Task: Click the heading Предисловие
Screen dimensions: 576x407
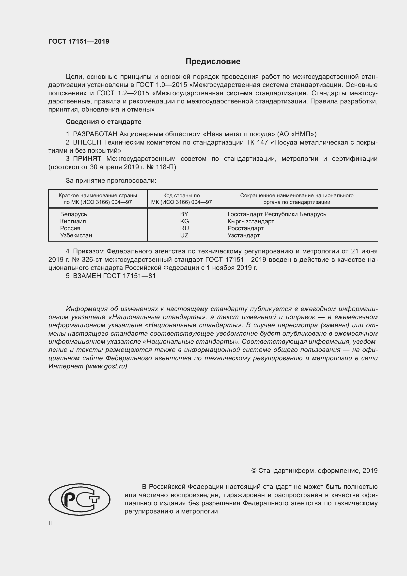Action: [213, 62]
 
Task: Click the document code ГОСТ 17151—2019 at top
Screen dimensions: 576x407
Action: [79, 41]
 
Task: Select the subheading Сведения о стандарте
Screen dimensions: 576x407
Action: [104, 122]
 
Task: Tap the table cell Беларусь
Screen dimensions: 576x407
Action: [73, 214]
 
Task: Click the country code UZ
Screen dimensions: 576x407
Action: [184, 235]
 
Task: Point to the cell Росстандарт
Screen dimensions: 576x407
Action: [245, 228]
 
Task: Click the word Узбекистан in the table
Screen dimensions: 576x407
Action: [76, 235]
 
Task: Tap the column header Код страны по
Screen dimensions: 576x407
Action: [181, 196]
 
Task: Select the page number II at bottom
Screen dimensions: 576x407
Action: [50, 523]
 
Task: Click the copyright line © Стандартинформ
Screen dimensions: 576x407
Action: [314, 471]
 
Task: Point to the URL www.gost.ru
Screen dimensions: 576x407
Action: [106, 366]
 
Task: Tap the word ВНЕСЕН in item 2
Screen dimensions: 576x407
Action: [87, 142]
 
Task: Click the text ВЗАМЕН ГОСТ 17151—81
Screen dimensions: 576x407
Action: [114, 276]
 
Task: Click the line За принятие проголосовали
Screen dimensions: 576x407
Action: [111, 180]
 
